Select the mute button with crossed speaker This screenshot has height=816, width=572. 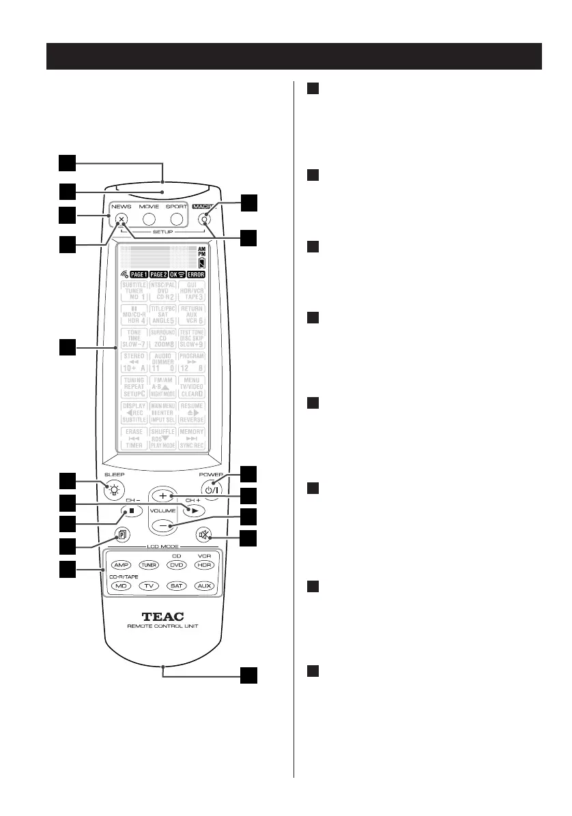[204, 536]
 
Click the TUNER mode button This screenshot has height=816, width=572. [149, 565]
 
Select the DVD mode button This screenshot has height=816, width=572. [177, 565]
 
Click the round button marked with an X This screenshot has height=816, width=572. [121, 220]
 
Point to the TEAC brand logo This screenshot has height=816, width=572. [162, 613]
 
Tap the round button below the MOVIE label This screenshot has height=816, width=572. [149, 220]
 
